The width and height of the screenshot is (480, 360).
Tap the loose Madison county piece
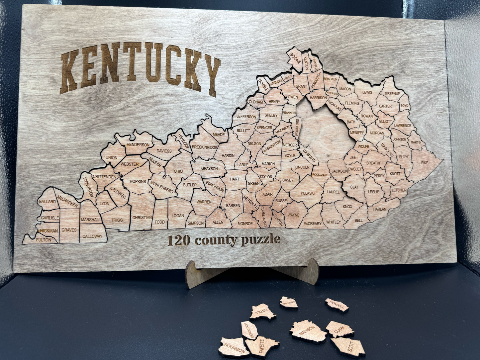tap(308, 330)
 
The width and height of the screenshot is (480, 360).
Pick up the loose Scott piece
tap(349, 346)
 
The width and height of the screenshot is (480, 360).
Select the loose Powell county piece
tap(337, 305)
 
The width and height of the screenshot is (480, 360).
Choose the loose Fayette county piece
tap(261, 346)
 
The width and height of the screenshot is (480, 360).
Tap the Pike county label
tap(425, 163)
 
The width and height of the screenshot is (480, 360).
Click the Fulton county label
tap(44, 240)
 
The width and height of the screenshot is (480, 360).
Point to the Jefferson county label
tap(246, 117)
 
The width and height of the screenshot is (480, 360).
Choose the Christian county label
tap(142, 218)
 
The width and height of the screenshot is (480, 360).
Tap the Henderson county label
tap(138, 145)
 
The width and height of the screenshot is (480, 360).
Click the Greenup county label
tap(392, 94)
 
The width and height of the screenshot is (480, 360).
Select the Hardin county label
tap(228, 155)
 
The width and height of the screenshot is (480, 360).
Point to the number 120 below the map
tap(179, 240)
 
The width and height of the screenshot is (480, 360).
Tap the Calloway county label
tap(92, 236)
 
